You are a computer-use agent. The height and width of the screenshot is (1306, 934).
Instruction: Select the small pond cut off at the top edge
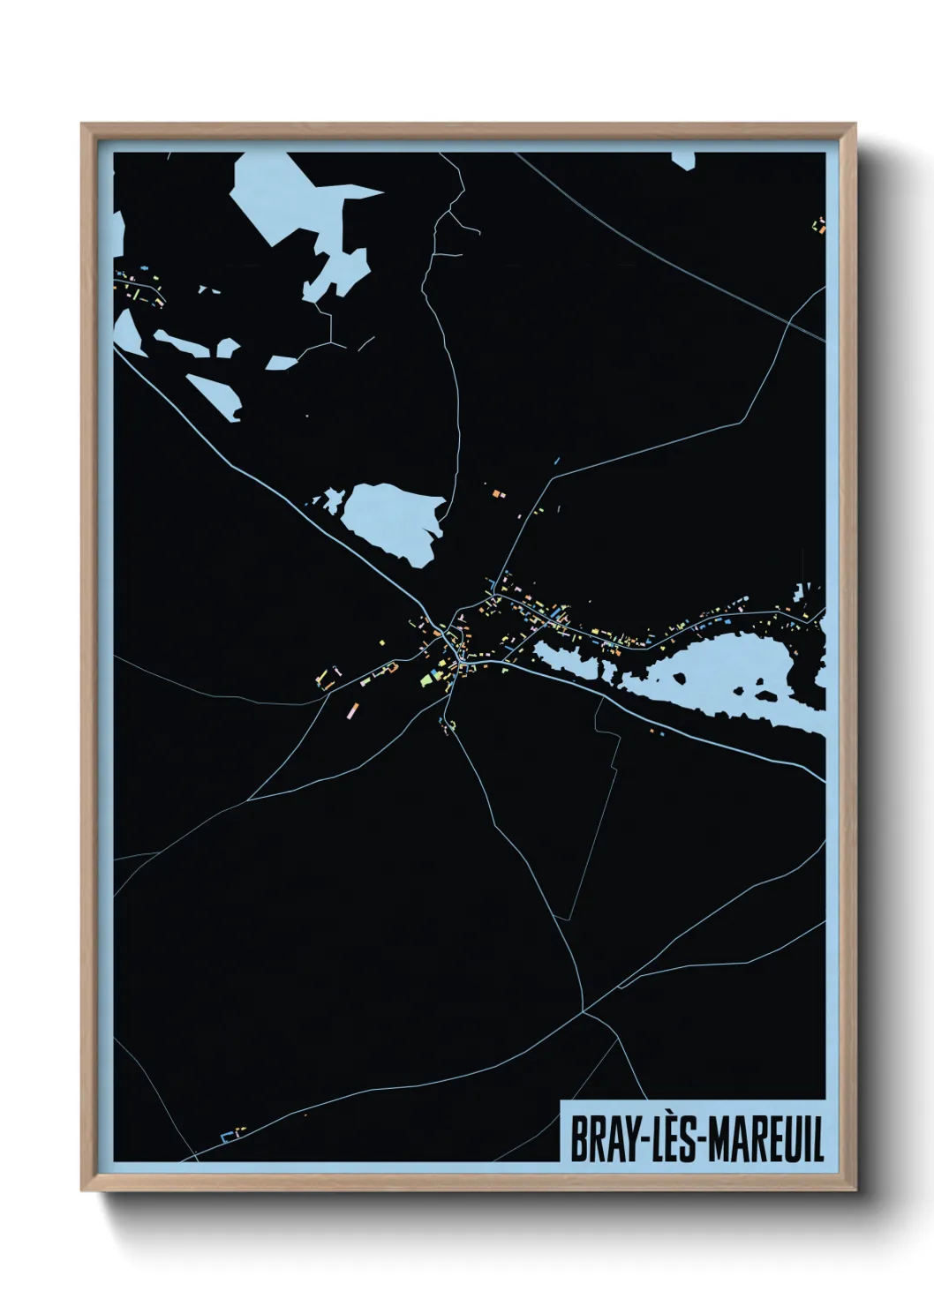[682, 159]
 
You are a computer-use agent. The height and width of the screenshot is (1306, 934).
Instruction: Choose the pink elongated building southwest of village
[355, 709]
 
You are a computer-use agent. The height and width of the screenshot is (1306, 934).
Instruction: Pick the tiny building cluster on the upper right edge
[820, 225]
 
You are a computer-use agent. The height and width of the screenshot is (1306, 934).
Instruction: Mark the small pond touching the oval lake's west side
[332, 500]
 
